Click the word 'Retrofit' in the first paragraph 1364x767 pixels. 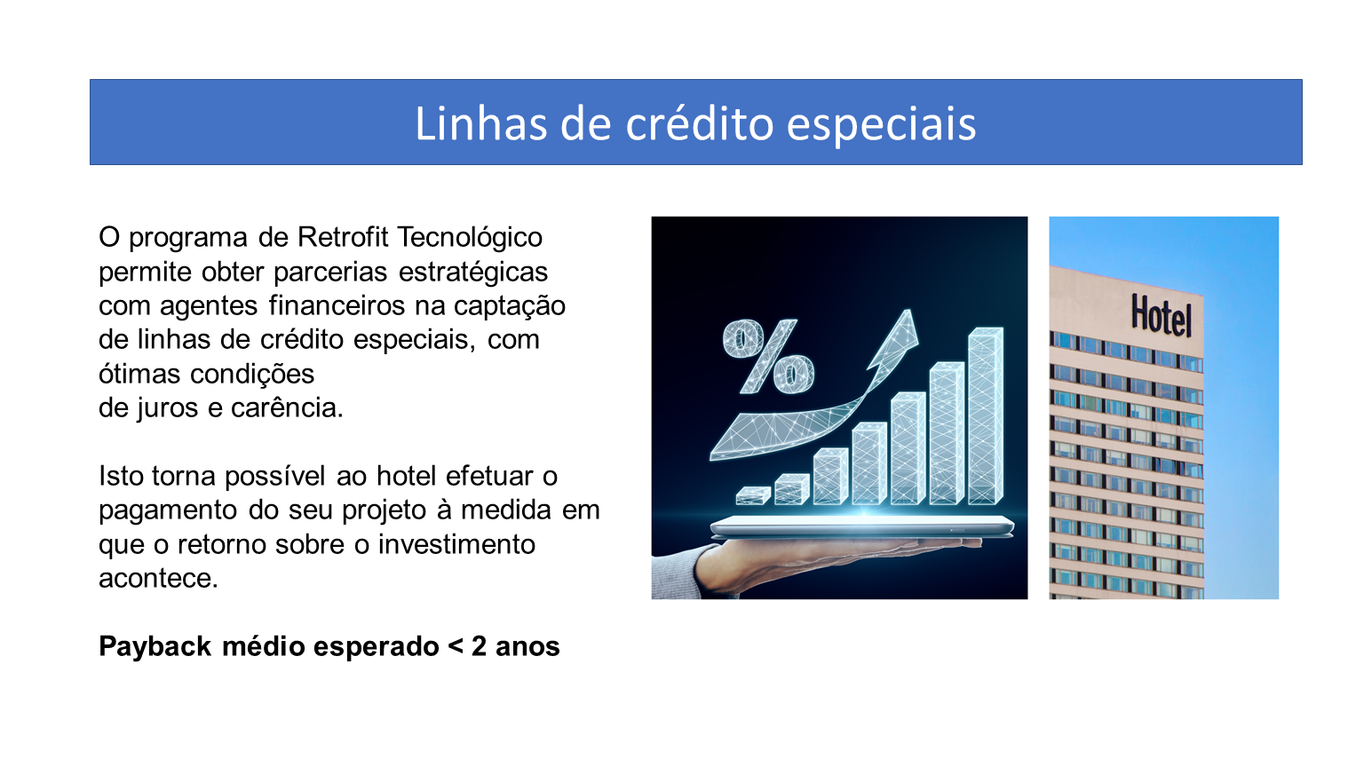tap(342, 237)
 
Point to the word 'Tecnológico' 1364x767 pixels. tap(470, 239)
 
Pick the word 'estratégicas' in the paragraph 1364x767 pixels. tap(473, 273)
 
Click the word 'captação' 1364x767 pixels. tap(509, 307)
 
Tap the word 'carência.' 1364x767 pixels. tap(287, 407)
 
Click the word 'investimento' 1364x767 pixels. tap(456, 544)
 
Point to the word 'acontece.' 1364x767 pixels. tap(158, 579)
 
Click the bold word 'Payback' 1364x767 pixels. tap(155, 647)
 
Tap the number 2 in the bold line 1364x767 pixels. tap(479, 646)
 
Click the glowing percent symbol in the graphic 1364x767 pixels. tap(768, 357)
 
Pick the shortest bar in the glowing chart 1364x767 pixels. tap(753, 494)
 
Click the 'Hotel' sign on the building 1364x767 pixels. tap(1162, 315)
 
